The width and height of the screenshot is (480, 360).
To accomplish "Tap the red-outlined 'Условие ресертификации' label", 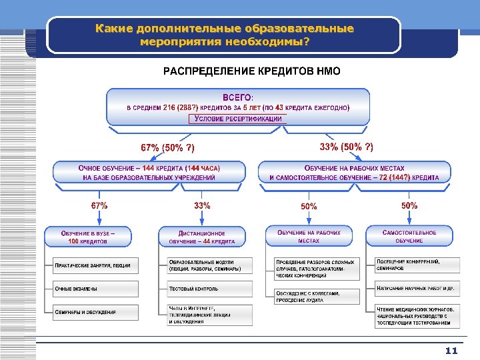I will (x=238, y=119).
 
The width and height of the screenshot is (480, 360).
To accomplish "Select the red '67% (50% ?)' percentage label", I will (x=168, y=147).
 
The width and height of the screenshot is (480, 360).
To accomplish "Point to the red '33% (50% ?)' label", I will (x=347, y=146).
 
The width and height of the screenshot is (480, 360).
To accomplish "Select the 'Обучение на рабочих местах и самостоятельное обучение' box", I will (x=354, y=173).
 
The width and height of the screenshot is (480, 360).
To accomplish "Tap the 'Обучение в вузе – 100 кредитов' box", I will (x=88, y=236).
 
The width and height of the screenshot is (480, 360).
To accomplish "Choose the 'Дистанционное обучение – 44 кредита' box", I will (x=202, y=236).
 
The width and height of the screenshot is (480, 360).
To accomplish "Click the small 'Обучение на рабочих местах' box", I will (x=309, y=236).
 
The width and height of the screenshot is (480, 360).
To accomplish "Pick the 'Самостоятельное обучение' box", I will (x=409, y=236).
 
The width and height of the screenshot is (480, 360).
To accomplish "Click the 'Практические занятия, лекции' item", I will (x=92, y=265).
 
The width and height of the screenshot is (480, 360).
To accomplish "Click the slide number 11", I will (x=452, y=350).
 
